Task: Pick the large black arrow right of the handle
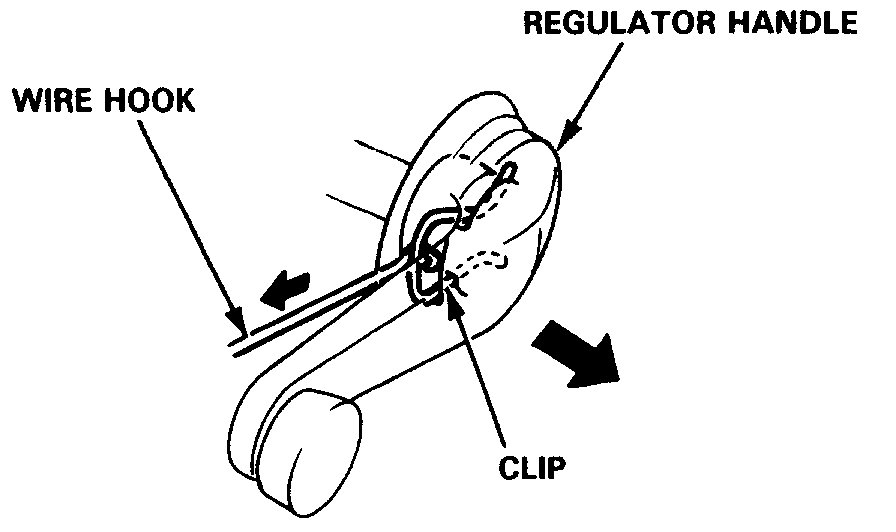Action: pyautogui.click(x=576, y=357)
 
